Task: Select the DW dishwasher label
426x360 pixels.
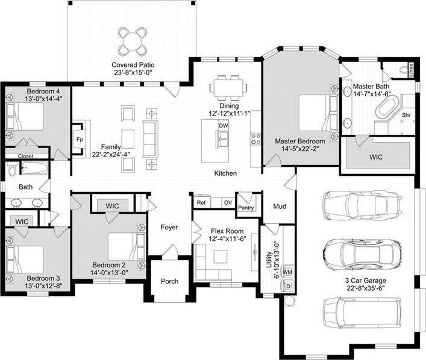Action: coord(223,125)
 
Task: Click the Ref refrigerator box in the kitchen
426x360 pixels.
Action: coord(201,203)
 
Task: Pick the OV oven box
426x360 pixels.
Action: coord(228,203)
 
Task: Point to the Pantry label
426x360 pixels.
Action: coord(245,208)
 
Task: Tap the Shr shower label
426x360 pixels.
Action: coord(407,114)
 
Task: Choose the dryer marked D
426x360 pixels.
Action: coord(288,286)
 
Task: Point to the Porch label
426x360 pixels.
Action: coord(170,282)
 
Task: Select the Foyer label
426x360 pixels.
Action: coord(169,228)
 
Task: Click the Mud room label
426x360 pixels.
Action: coord(280,207)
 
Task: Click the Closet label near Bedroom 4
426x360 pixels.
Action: coord(25,155)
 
